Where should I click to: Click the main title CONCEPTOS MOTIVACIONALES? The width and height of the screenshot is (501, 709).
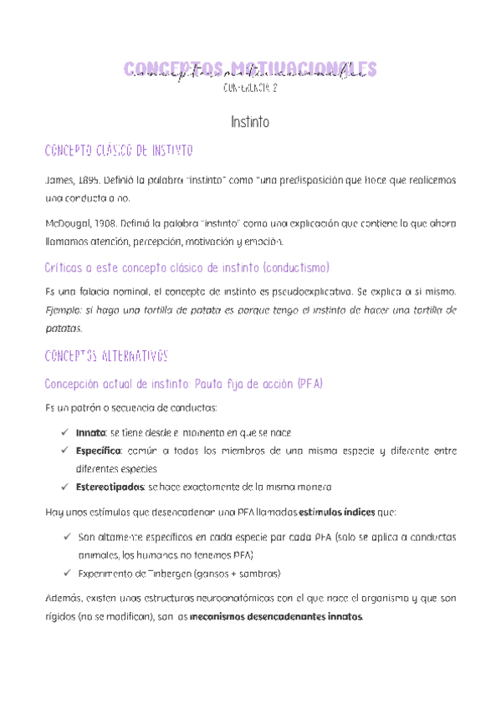(x=250, y=68)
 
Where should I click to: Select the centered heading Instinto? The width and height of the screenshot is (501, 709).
(x=250, y=122)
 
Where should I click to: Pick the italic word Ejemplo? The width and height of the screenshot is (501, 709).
(x=63, y=310)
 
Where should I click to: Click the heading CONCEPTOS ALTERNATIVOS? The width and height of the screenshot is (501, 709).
(x=105, y=356)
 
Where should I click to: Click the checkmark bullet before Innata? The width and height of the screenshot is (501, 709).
(x=65, y=432)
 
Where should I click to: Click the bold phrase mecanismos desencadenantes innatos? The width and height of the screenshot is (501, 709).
(x=276, y=618)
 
